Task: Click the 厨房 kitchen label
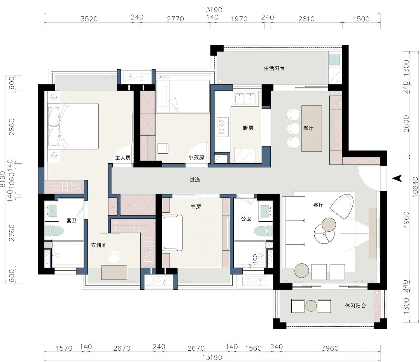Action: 248,128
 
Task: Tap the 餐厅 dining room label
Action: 308,128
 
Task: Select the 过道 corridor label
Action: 195,180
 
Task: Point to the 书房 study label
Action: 196,207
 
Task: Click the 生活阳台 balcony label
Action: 274,68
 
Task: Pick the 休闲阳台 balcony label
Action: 355,306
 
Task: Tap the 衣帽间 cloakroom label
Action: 99,245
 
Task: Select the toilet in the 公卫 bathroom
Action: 263,231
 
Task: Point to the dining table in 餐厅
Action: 311,129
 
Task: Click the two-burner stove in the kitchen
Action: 222,127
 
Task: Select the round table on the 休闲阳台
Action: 311,306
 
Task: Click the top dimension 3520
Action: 89,19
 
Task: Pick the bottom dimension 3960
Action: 330,348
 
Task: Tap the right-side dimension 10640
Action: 415,187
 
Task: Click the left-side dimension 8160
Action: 3,179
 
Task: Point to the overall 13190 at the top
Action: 212,10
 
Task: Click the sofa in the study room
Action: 173,233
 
